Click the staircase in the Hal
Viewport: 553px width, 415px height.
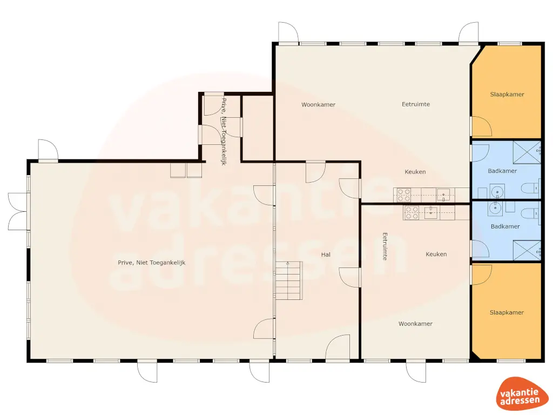click(x=288, y=281)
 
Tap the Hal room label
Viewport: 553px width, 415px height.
click(x=326, y=254)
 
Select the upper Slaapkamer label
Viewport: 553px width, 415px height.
click(x=507, y=95)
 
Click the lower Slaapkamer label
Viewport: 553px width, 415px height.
click(x=507, y=312)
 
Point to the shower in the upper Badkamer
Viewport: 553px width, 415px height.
click(x=526, y=152)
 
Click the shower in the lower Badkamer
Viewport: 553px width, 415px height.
click(x=526, y=249)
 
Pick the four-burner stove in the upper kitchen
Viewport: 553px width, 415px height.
click(x=404, y=195)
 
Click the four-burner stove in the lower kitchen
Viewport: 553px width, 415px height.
click(x=412, y=213)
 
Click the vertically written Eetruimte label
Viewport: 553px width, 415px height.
click(x=385, y=246)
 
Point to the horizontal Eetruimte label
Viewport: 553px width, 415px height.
click(x=416, y=104)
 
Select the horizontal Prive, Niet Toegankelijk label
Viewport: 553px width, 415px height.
click(x=151, y=263)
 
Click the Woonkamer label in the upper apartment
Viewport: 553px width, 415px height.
click(x=318, y=105)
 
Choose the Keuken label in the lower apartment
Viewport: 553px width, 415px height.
click(x=436, y=254)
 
